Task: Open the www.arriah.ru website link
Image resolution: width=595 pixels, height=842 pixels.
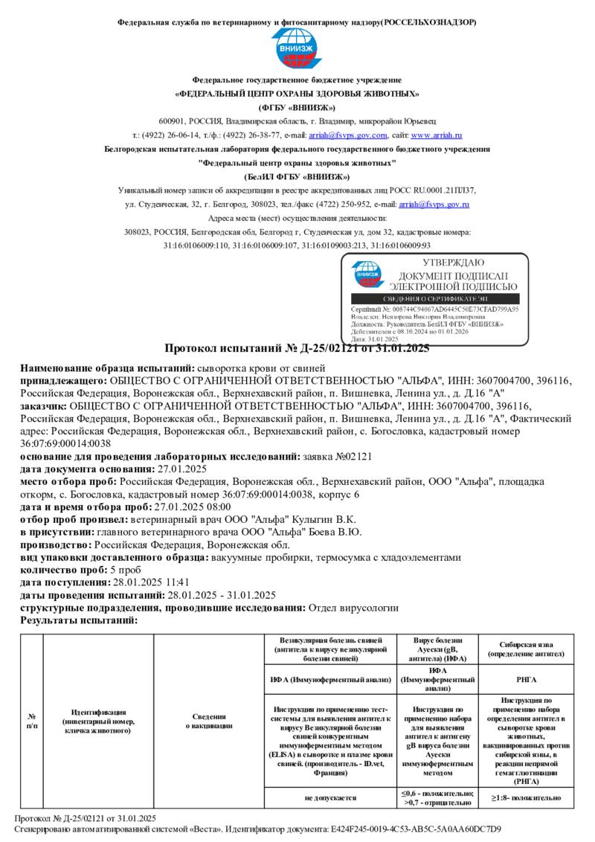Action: [437, 135]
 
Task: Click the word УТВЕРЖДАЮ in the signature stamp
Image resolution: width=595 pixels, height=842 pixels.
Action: [453, 263]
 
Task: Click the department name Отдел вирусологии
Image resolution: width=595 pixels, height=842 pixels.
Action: [353, 607]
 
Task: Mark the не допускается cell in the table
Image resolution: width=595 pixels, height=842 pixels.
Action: [329, 797]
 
